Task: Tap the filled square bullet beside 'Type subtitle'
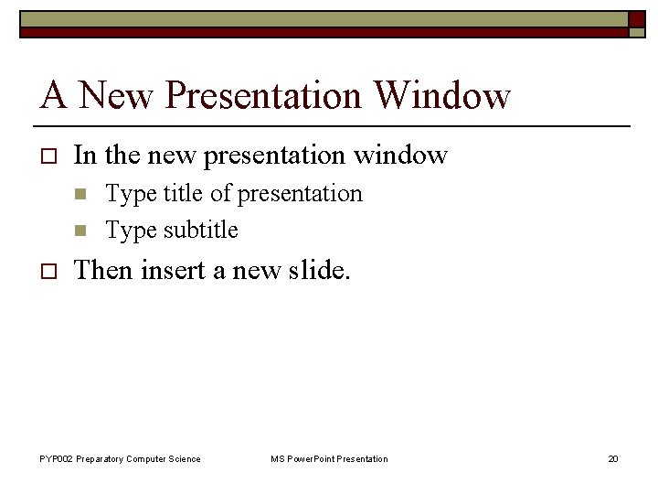[80, 231]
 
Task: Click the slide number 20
[613, 458]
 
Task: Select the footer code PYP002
[56, 458]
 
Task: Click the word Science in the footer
[185, 458]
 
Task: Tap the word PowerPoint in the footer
[311, 458]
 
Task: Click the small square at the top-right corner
[636, 18]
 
